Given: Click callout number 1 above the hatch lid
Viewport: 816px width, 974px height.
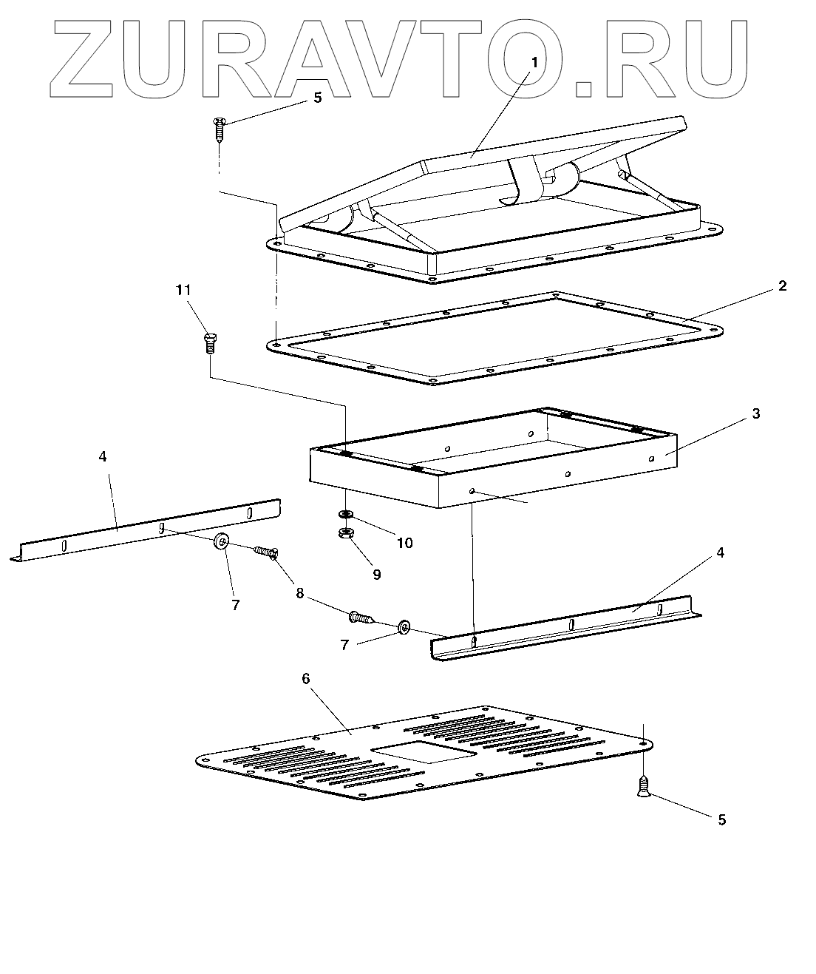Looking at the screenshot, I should pyautogui.click(x=534, y=64).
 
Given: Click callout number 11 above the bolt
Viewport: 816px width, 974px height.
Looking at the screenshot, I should pyautogui.click(x=183, y=291).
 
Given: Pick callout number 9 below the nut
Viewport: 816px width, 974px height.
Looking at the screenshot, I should pyautogui.click(x=376, y=574).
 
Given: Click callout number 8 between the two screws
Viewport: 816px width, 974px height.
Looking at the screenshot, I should pyautogui.click(x=300, y=593).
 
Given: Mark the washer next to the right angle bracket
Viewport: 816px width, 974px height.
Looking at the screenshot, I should pyautogui.click(x=404, y=627).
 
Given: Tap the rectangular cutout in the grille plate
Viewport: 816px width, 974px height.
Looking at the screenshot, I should pyautogui.click(x=423, y=751).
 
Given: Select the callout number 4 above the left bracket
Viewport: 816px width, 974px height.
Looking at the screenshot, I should pyautogui.click(x=103, y=456).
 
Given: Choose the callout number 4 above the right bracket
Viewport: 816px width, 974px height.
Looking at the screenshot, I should pyautogui.click(x=720, y=552).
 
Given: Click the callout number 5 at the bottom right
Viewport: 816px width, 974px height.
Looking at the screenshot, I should pyautogui.click(x=722, y=819).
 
